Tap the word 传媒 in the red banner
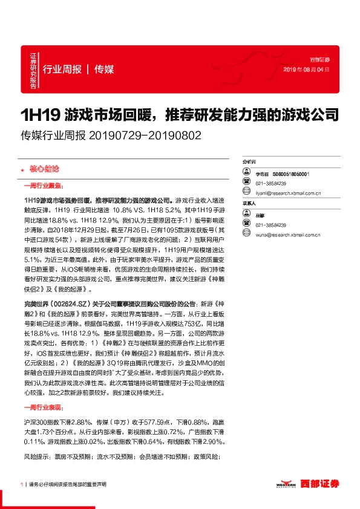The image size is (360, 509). (x=105, y=69)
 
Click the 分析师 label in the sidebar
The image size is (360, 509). (x=249, y=163)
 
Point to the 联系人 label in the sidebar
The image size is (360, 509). (x=249, y=204)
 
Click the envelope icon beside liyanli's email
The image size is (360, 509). (x=247, y=193)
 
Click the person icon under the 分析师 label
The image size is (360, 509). (x=247, y=173)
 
